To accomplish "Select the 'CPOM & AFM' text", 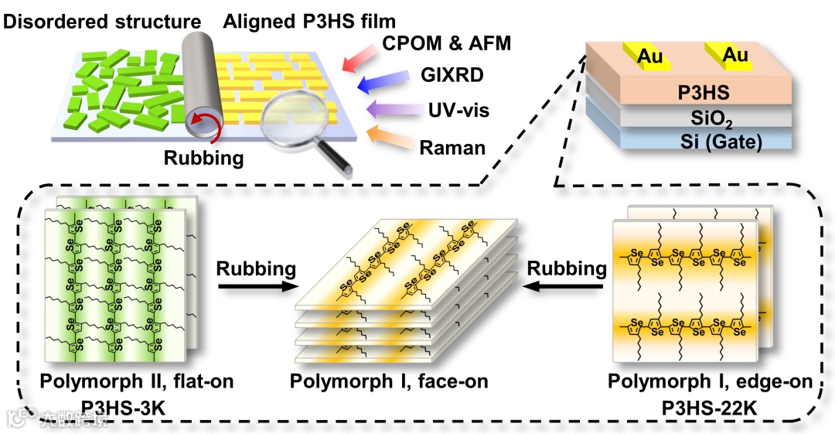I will pos(447,43).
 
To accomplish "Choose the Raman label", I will pos(452,146).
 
